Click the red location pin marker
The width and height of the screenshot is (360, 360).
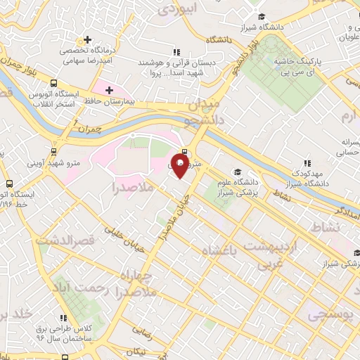click(x=180, y=166)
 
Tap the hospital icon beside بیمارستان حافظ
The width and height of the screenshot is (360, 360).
click(x=108, y=89)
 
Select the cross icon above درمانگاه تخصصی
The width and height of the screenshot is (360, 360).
click(x=87, y=39)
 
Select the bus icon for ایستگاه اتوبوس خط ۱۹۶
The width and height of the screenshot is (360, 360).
click(x=10, y=183)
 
